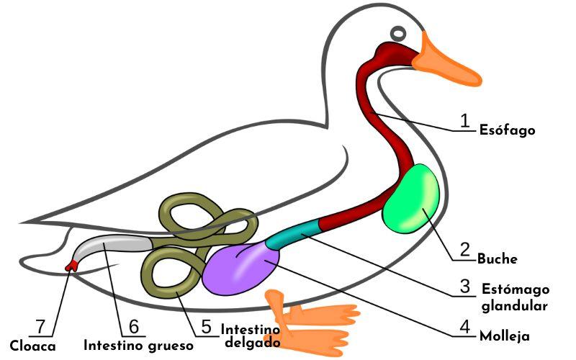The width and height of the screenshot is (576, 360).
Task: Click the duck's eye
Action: (398, 33)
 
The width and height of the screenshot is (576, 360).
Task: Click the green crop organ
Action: (410, 198)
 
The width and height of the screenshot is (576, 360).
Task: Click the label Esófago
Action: (507, 131)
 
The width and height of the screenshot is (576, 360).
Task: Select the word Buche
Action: (498, 259)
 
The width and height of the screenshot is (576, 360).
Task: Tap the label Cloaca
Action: (33, 346)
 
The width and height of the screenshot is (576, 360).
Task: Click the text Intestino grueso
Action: (138, 346)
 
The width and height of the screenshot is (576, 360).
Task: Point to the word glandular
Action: (513, 305)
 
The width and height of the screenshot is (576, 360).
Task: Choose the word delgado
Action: (252, 342)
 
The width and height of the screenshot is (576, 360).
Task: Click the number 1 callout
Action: (465, 120)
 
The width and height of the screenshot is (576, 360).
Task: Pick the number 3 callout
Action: (465, 287)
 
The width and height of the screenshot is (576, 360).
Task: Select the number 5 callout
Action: (207, 327)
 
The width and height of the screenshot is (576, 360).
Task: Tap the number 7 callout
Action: (41, 327)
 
